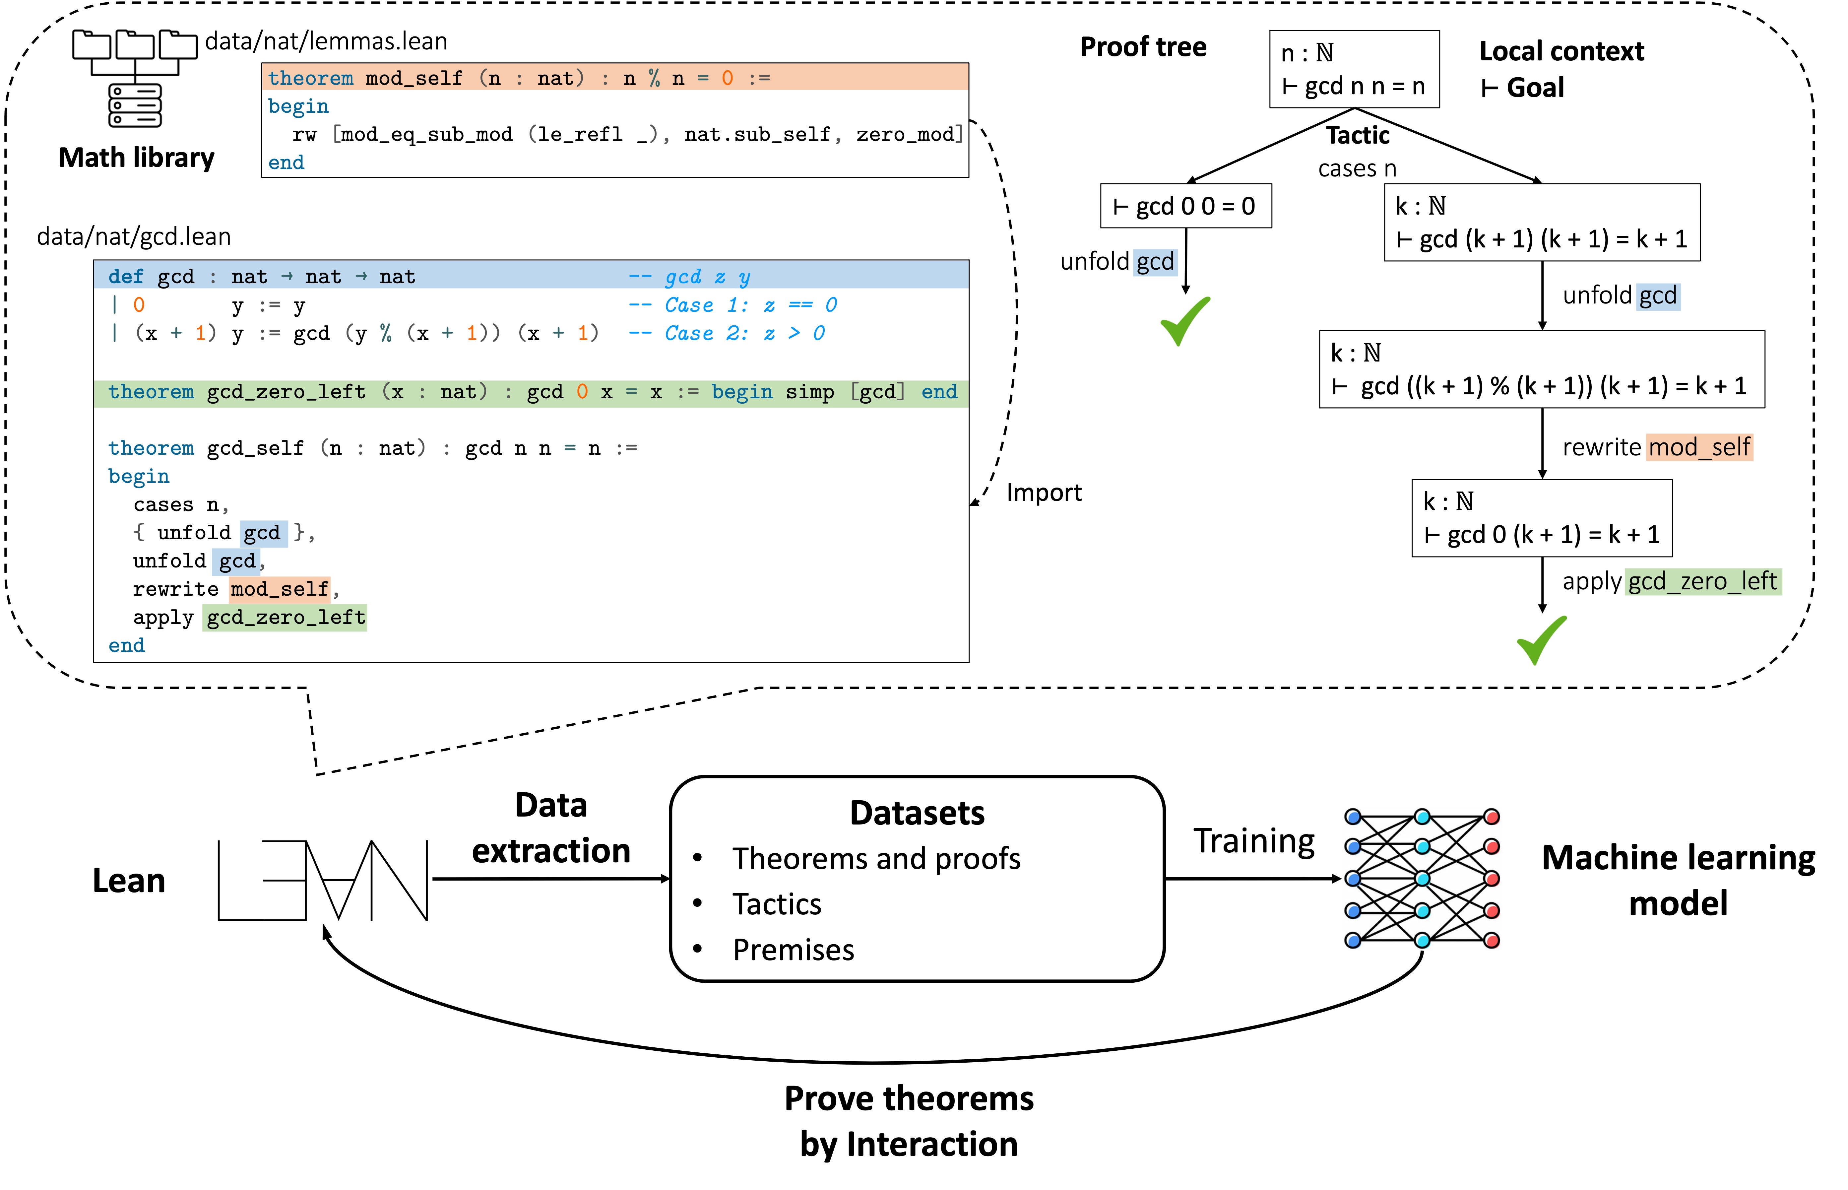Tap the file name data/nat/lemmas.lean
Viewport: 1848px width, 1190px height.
326,41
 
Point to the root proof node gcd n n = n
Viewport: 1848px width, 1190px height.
1354,70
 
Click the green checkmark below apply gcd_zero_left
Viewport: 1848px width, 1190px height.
1541,640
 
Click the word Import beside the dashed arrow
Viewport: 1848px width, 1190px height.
1043,492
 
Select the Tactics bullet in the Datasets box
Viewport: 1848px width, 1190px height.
776,904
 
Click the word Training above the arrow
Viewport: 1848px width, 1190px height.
1253,841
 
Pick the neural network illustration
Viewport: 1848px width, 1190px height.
1422,879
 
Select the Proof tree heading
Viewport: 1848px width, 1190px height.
1143,47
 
